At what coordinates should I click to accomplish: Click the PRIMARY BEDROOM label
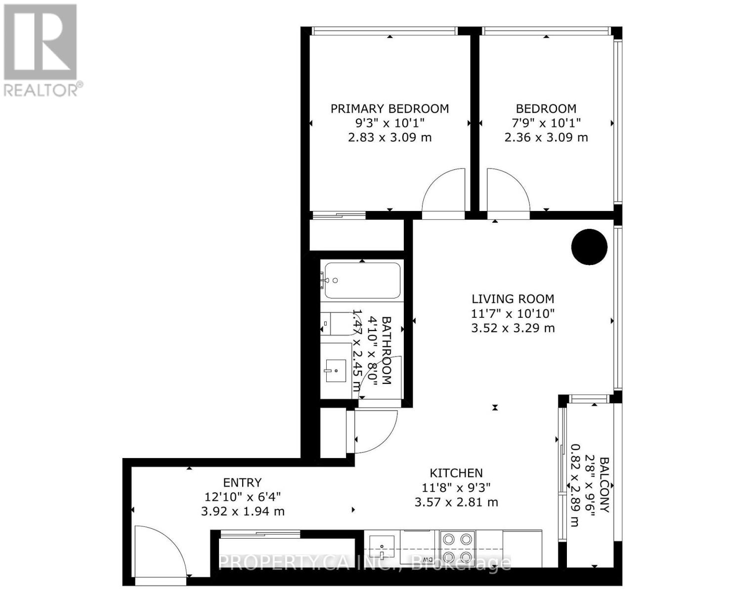389,109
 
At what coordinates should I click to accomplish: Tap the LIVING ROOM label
513,299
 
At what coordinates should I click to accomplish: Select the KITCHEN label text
456,473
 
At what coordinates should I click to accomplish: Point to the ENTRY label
242,482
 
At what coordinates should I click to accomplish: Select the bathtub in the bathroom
362,281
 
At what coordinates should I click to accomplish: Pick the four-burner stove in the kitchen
457,548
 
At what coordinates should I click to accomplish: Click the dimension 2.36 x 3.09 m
546,137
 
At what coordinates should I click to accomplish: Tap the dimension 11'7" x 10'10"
513,313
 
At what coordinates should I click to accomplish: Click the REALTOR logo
42,49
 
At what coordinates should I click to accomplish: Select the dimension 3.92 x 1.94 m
242,511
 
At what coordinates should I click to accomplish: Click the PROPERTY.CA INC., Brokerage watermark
364,562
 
